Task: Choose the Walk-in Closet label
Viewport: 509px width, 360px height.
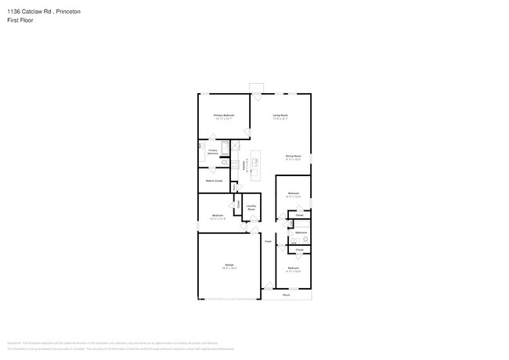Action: click(214, 181)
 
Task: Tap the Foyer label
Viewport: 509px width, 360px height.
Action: click(267, 242)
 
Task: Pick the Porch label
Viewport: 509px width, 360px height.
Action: click(286, 295)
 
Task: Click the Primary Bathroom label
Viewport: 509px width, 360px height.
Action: click(213, 152)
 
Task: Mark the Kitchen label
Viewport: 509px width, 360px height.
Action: click(244, 166)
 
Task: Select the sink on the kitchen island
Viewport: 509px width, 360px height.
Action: click(254, 162)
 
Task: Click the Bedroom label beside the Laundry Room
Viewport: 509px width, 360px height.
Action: click(218, 215)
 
